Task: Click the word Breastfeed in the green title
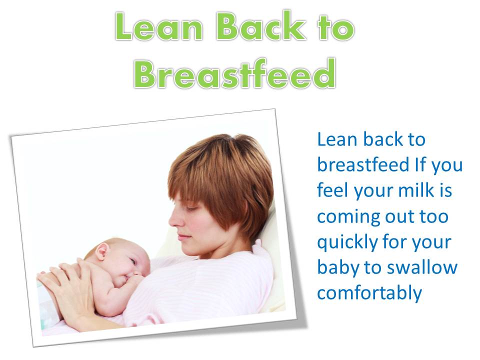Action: pos(234,73)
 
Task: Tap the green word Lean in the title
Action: pos(160,29)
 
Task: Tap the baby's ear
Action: pos(103,251)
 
